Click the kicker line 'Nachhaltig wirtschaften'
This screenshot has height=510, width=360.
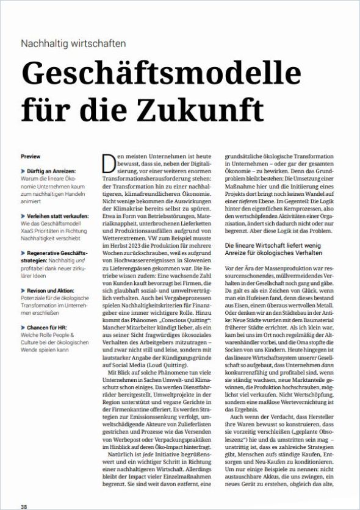tap(73, 43)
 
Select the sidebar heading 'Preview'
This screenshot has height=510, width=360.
tap(31, 157)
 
